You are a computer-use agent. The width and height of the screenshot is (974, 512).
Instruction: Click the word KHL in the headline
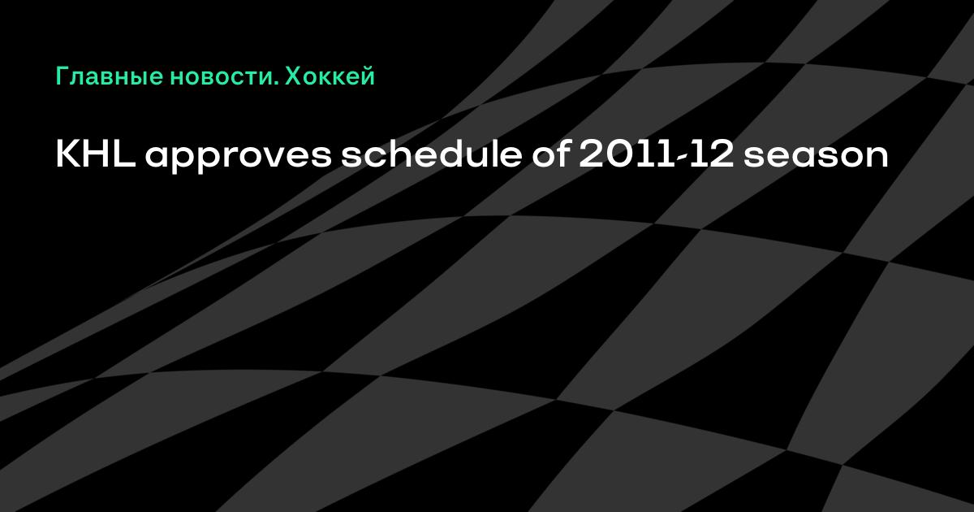96,155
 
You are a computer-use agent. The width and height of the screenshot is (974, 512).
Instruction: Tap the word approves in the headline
239,158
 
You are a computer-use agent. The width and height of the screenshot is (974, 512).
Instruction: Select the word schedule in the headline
431,154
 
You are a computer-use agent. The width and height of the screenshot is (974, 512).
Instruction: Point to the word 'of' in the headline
551,154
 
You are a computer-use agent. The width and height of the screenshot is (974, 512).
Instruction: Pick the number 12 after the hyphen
713,155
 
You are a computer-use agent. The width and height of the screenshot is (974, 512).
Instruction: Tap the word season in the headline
816,158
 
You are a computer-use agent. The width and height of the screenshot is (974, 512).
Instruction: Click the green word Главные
110,76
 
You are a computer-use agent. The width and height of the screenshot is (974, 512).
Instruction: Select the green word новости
222,78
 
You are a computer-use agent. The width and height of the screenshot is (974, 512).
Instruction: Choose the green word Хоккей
330,76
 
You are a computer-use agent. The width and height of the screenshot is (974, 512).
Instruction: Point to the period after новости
277,83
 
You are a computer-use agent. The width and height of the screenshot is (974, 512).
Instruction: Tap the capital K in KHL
67,155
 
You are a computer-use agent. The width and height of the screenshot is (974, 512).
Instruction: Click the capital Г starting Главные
62,76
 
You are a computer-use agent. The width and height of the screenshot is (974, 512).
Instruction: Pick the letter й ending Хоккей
367,76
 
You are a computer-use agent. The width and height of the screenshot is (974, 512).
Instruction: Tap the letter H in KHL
97,155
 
